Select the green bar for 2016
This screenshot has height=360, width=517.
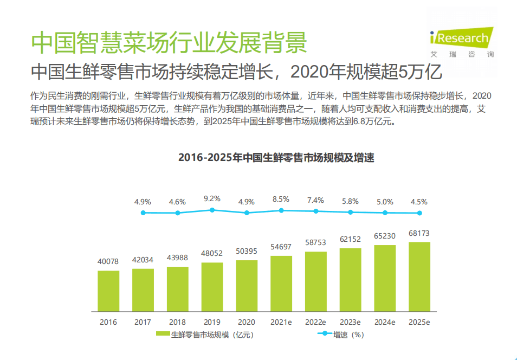108,291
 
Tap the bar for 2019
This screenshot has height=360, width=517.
212,287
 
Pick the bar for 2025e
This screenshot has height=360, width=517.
419,277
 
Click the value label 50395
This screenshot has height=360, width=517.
247,250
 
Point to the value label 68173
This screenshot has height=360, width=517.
419,233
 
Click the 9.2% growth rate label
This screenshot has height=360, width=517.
212,198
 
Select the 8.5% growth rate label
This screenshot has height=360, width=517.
281,199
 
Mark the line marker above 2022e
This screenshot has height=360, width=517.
315,211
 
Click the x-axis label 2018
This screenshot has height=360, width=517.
177,322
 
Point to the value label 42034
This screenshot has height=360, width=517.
143,259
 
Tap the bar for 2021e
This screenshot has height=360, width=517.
281,284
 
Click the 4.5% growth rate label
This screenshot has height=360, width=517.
419,202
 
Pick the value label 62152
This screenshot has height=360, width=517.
350,239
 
